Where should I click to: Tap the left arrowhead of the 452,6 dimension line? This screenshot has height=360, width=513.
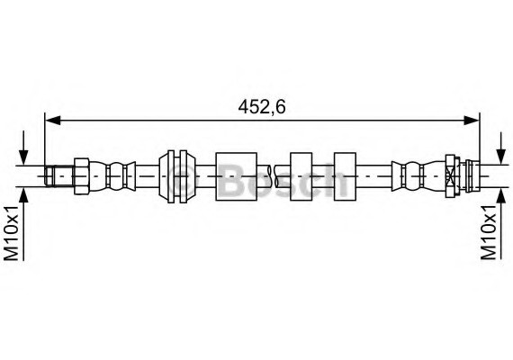(x=51, y=117)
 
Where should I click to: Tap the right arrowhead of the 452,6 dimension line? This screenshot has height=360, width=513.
(x=472, y=117)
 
